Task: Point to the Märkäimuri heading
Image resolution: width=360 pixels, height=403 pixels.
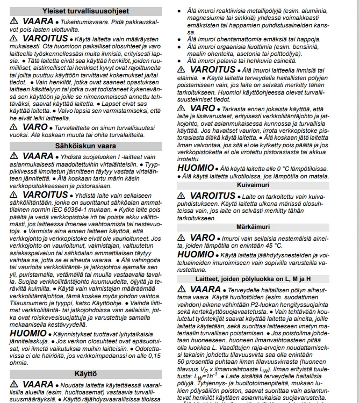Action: (x=267, y=227)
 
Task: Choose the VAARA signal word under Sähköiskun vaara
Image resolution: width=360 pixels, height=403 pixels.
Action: (x=38, y=156)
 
